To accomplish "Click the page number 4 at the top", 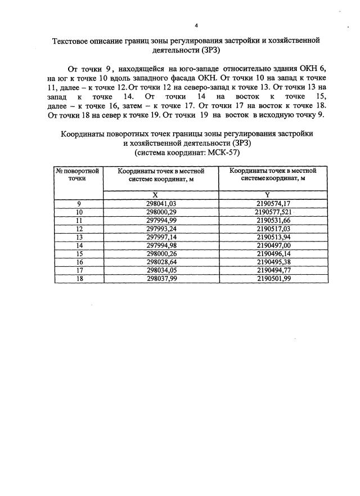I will pyautogui.click(x=196, y=25).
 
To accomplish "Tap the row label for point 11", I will pyautogui.click(x=79, y=221).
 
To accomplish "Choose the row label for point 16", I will pyautogui.click(x=79, y=262).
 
